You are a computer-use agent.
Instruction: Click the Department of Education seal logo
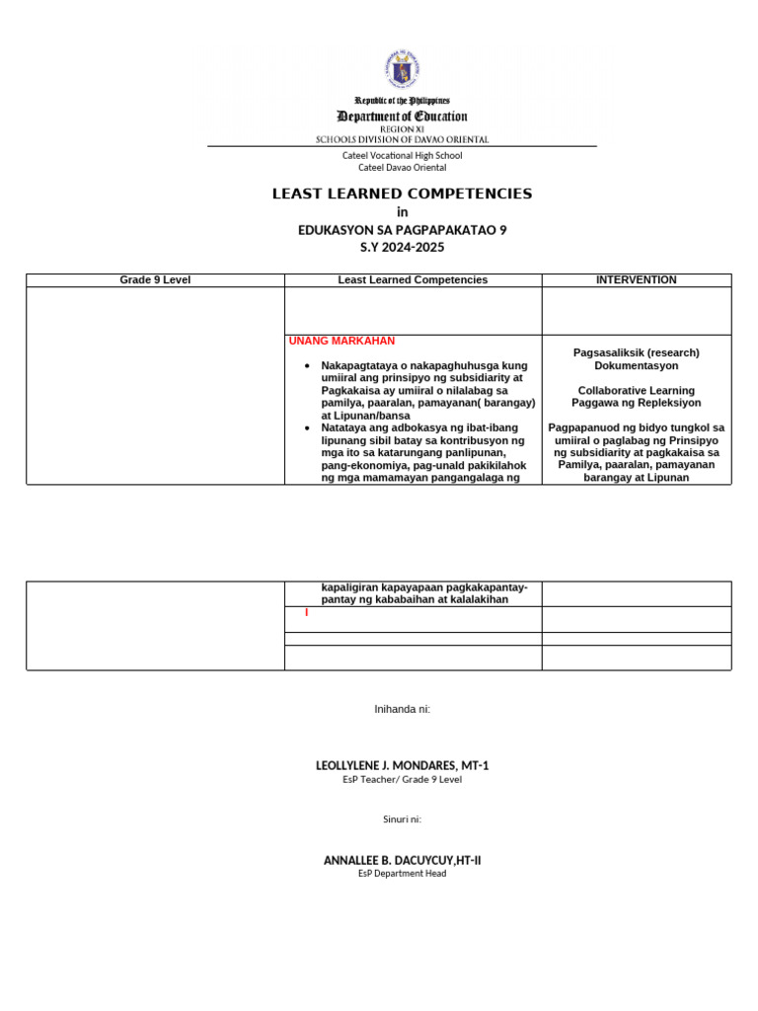click(x=402, y=69)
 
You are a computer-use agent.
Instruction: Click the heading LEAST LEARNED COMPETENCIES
click(x=402, y=194)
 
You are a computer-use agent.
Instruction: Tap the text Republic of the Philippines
click(x=402, y=101)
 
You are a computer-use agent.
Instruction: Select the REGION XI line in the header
click(x=402, y=129)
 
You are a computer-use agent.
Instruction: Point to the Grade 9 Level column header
click(x=155, y=280)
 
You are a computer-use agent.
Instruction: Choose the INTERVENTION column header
click(x=637, y=280)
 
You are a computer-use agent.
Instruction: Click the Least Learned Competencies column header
click(x=413, y=280)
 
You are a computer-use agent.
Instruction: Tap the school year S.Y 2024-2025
click(x=402, y=248)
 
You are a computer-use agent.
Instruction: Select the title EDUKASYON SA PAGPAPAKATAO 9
click(x=402, y=230)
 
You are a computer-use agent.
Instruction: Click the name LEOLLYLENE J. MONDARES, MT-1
click(x=402, y=765)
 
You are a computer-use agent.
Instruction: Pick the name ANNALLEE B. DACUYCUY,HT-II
click(x=402, y=860)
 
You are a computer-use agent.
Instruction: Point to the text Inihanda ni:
click(x=402, y=709)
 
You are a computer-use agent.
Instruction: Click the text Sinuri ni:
click(x=402, y=818)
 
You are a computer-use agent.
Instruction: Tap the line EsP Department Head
click(x=402, y=873)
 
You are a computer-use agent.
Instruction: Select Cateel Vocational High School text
click(x=402, y=155)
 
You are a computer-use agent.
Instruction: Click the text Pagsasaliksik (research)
click(x=637, y=352)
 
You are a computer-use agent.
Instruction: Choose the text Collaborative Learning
click(x=637, y=390)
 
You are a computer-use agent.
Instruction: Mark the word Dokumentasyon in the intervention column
click(x=637, y=365)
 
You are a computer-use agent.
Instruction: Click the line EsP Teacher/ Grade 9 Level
click(x=402, y=779)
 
